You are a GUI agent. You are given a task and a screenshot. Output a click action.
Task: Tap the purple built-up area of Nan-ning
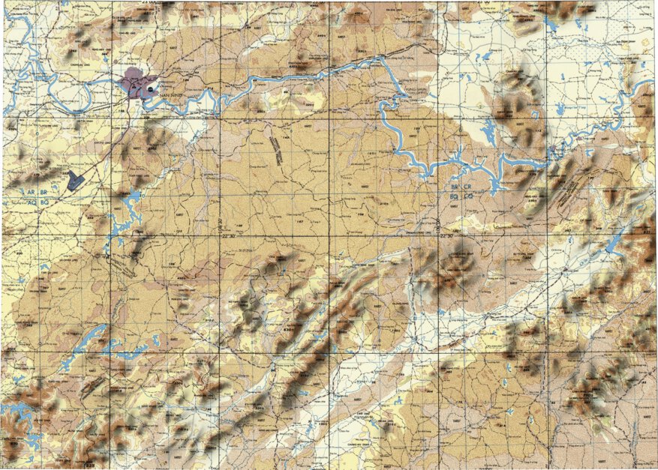(135, 80)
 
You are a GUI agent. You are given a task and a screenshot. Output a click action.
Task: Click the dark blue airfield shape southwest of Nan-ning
(74, 180)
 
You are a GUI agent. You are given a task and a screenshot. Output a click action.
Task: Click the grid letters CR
(467, 186)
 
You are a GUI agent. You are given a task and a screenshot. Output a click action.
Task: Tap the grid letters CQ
(467, 196)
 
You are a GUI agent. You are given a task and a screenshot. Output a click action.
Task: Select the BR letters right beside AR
(44, 193)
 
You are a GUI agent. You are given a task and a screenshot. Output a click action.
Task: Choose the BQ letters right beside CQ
(454, 196)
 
